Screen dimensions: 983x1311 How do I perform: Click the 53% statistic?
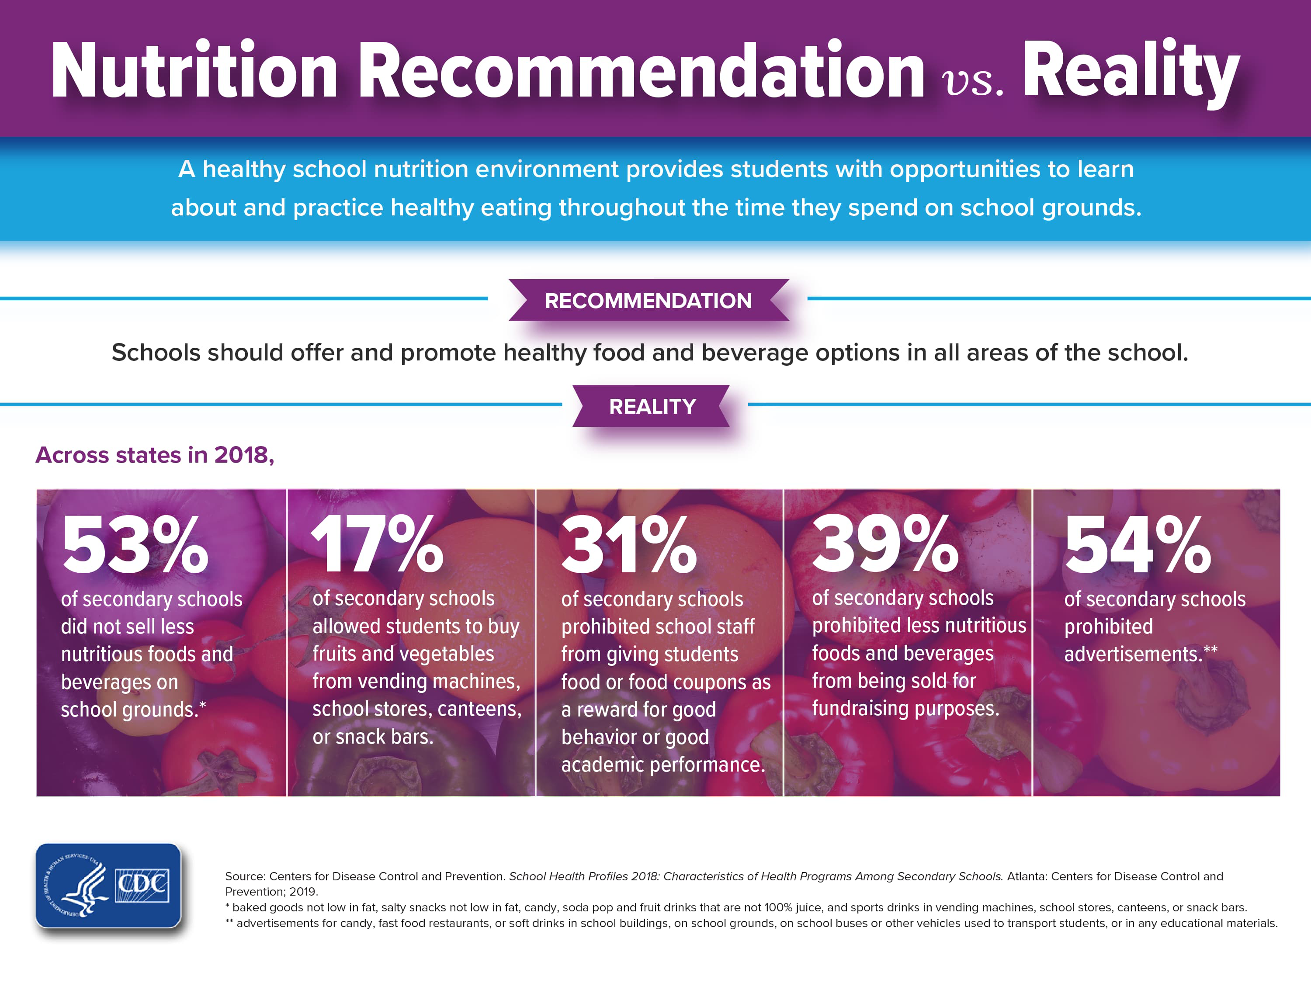pyautogui.click(x=135, y=545)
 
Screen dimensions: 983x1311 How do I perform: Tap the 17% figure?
pyautogui.click(x=377, y=545)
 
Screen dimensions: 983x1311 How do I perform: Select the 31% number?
pyautogui.click(x=629, y=545)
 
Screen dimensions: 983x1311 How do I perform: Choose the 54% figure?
pyautogui.click(x=1138, y=545)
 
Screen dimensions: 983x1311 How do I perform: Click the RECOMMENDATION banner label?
pyautogui.click(x=649, y=301)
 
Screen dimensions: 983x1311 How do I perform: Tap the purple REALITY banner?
pyautogui.click(x=652, y=406)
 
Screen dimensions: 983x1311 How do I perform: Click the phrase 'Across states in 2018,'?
pyautogui.click(x=155, y=455)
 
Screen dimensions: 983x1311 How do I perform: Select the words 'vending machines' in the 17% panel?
pyautogui.click(x=439, y=682)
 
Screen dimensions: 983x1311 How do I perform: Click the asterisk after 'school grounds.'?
pyautogui.click(x=203, y=705)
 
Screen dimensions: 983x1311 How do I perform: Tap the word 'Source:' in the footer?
pyautogui.click(x=245, y=876)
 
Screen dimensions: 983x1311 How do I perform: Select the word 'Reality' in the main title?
pyautogui.click(x=1131, y=71)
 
